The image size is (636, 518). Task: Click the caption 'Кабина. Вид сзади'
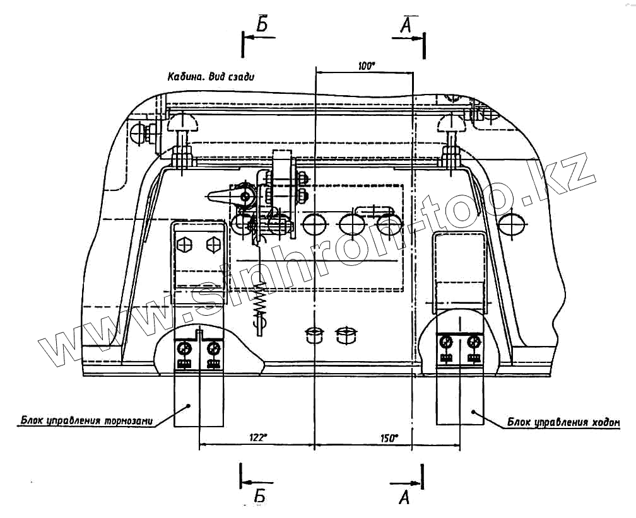[214, 77]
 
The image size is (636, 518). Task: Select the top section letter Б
[263, 24]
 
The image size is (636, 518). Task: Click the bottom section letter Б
[259, 497]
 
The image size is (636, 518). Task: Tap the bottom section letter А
[405, 497]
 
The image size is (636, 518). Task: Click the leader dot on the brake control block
[187, 407]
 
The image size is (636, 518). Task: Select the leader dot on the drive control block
[474, 411]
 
